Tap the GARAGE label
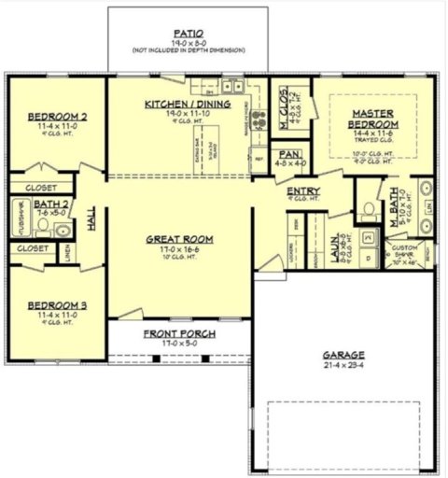click(x=345, y=356)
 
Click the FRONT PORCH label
click(x=180, y=334)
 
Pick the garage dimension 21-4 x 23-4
click(x=345, y=366)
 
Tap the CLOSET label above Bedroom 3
click(x=33, y=248)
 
